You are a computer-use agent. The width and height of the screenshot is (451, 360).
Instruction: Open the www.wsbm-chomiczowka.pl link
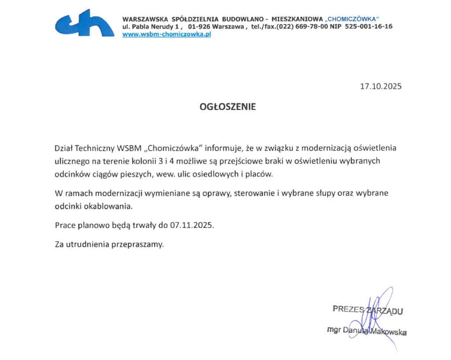166,34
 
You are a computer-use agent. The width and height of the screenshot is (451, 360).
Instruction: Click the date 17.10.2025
381,86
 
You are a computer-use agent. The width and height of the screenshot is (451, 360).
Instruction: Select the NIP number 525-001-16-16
368,26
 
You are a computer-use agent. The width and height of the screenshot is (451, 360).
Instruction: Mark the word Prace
64,225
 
